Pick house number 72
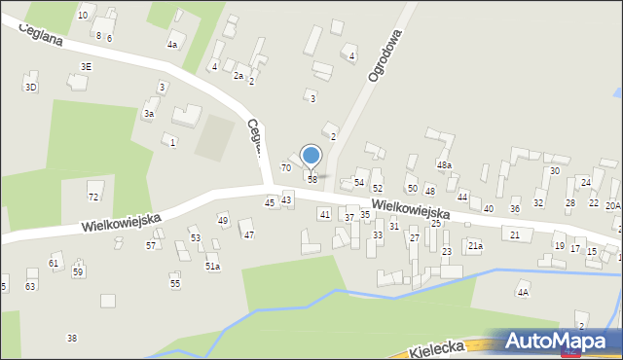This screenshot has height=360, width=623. point(93,197)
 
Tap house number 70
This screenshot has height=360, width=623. point(286,167)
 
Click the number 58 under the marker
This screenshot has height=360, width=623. point(312,180)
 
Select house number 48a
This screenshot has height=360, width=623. point(444,166)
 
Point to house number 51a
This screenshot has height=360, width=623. point(212,266)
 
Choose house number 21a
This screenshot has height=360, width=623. point(474,246)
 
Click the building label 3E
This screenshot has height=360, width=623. point(86,66)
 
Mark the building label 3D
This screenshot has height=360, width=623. point(30,88)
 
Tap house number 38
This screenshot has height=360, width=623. point(71,338)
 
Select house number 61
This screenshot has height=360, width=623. point(54,264)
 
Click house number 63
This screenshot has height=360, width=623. point(30,286)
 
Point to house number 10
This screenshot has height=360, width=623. point(83,16)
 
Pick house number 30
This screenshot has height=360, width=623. point(554,171)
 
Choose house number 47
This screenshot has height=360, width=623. point(248,234)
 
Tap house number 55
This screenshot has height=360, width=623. point(175,283)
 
